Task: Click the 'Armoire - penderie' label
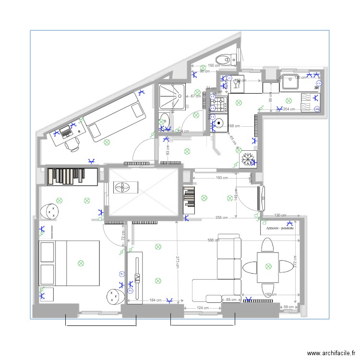click(x=280, y=229)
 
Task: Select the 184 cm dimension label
click(x=155, y=300)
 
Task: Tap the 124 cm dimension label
click(x=202, y=308)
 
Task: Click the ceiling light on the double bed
click(x=81, y=263)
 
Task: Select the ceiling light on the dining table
click(x=267, y=265)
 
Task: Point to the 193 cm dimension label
click(x=221, y=178)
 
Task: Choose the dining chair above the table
click(x=267, y=246)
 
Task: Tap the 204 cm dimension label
click(x=289, y=109)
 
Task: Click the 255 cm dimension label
click(x=222, y=217)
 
